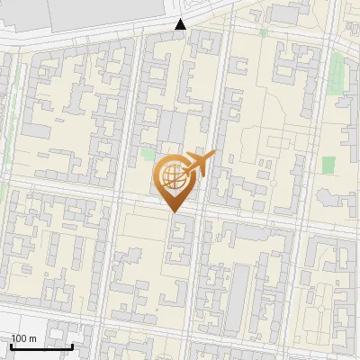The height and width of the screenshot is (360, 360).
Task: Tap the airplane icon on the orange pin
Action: tap(199, 164)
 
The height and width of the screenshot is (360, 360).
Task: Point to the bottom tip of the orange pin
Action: tap(175, 212)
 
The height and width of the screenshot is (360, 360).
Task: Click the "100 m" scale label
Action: tap(24, 338)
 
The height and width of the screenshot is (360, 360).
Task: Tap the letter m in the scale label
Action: tap(32, 338)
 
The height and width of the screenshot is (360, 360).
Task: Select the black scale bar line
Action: tap(41, 346)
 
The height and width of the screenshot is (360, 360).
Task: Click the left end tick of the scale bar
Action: tap(11, 345)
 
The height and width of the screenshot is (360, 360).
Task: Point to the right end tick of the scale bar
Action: tap(72, 345)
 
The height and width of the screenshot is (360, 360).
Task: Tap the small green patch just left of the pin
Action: tap(148, 154)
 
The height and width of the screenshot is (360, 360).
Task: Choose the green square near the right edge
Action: tap(328, 165)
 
